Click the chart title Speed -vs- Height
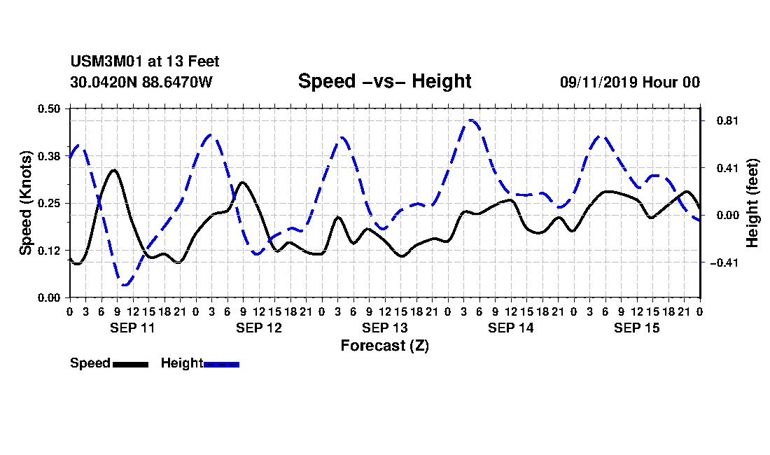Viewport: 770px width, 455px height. point(384,81)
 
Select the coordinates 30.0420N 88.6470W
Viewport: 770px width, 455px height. point(141,82)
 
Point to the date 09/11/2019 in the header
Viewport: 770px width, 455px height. point(598,82)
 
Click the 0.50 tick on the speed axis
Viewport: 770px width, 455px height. point(49,108)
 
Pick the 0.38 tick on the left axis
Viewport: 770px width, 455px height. point(49,156)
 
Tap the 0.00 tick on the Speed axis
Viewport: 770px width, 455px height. point(49,298)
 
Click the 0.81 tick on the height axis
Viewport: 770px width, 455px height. point(728,120)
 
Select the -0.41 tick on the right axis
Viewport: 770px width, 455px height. point(724,262)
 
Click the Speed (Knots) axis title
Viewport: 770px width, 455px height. point(25,203)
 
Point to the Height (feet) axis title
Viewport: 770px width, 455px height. point(752,203)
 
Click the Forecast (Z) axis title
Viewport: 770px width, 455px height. point(385,346)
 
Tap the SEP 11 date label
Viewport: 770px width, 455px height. point(132,328)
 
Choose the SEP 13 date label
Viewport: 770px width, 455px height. point(385,328)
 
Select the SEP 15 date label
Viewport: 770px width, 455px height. point(637,328)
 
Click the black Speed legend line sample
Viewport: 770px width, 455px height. point(131,364)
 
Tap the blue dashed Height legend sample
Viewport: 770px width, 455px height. point(221,364)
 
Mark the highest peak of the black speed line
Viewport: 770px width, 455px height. point(114,170)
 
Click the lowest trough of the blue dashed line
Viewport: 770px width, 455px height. point(125,285)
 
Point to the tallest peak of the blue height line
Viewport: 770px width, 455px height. point(471,120)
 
